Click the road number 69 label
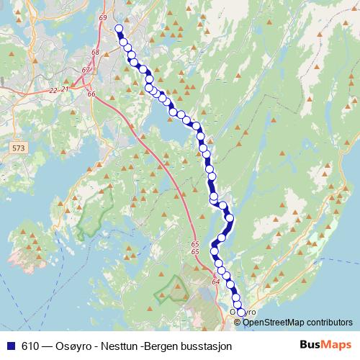(103, 17)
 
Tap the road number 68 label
(95, 53)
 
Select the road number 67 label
(86, 70)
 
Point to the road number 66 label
(91, 94)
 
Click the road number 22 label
(53, 90)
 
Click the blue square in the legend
(9, 346)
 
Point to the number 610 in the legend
(31, 346)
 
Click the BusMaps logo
(324, 345)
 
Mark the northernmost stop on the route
(119, 30)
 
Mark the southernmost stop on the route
(241, 312)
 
